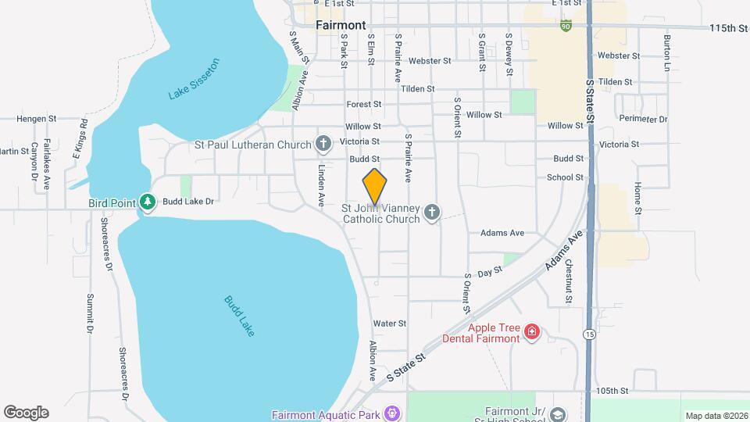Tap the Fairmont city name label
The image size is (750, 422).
pos(341,25)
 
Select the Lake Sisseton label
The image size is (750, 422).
pos(195,79)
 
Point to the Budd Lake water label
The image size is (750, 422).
pos(239,316)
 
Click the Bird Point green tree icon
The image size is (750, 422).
pos(147,202)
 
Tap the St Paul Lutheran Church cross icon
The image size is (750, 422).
pos(323,144)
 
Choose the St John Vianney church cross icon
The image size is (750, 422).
pos(432,213)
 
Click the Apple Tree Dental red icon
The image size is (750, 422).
pos(532,333)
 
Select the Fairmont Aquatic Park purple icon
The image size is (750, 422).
pos(392,413)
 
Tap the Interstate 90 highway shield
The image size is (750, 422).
pos(565,26)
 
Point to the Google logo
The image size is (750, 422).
pos(26,412)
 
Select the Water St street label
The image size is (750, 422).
pos(390,324)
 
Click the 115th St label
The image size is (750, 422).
pos(729,28)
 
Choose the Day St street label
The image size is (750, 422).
pos(489,271)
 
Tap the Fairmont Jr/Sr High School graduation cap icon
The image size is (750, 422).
pos(557,413)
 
